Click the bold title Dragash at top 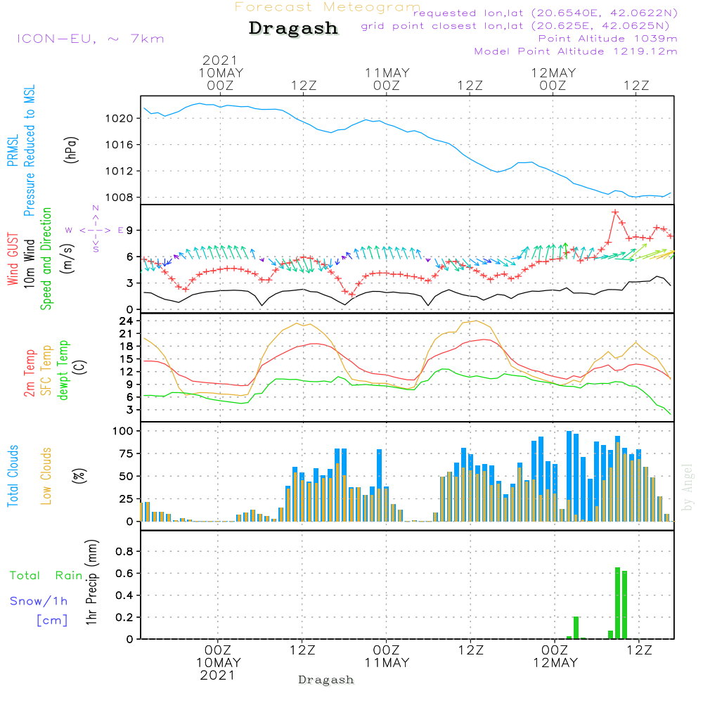[x=293, y=29]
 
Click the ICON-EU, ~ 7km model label [x=90, y=39]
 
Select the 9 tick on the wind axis [x=129, y=231]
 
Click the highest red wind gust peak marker [x=615, y=212]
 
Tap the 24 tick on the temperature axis [x=127, y=321]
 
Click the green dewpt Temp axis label [x=64, y=370]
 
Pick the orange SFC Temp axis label [x=47, y=370]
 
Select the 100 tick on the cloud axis [x=123, y=430]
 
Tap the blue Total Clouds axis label [x=13, y=475]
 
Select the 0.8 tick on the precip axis [x=124, y=551]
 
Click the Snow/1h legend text [x=39, y=601]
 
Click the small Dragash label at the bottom [x=326, y=680]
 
